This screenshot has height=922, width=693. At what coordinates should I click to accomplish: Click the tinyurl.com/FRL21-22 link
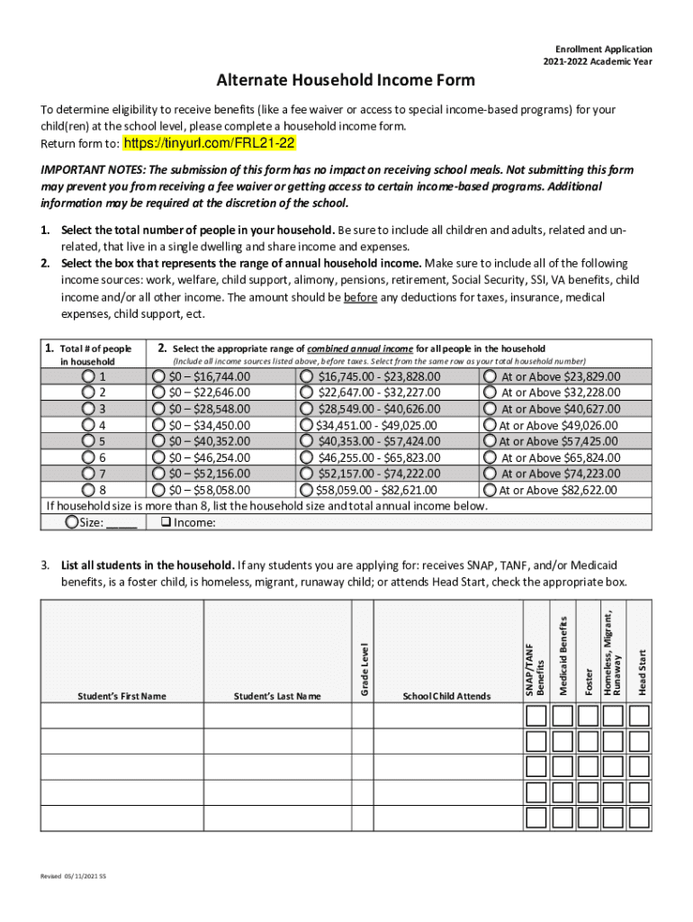209,144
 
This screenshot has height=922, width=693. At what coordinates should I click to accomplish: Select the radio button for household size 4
88,425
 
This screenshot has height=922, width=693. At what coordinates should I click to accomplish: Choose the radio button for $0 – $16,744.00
158,376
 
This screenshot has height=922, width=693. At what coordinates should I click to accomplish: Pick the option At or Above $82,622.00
490,491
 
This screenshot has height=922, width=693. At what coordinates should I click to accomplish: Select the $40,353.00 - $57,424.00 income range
307,441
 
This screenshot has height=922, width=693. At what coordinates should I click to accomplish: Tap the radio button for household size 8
88,491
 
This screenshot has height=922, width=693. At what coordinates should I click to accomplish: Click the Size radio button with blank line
72,522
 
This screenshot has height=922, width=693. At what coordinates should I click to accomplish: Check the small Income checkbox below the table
165,522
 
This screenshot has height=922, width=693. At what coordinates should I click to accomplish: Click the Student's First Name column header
121,696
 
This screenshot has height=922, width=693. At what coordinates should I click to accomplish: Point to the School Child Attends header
446,696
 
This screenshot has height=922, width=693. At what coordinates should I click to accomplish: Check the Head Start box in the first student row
640,716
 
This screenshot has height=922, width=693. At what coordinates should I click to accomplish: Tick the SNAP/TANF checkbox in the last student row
536,818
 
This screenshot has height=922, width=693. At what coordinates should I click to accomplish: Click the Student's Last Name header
276,696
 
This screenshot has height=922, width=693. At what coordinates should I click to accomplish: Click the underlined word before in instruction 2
360,297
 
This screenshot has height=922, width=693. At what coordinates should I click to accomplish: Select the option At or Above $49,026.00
490,425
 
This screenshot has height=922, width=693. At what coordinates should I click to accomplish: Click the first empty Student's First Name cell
121,716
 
